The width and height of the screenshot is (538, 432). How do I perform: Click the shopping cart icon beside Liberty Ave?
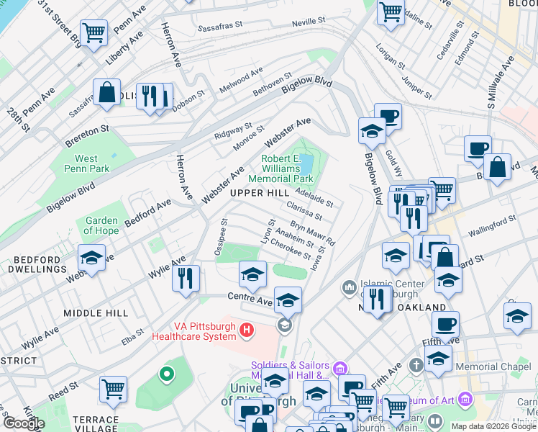[x=94, y=33]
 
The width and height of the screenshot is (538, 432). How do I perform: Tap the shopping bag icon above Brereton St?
[x=107, y=93]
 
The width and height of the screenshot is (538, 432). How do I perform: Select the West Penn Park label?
[x=86, y=163]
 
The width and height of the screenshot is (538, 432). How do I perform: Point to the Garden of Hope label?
[x=101, y=225]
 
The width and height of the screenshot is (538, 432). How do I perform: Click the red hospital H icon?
[x=247, y=330]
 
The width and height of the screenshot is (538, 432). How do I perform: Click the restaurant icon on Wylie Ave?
[x=186, y=277]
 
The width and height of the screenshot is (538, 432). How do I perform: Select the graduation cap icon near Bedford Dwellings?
[x=91, y=258]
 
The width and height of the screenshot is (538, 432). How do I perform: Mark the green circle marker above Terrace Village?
[x=167, y=374]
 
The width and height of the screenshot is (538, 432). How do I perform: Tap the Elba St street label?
[x=133, y=336]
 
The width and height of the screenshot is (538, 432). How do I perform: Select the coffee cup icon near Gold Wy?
[x=388, y=115]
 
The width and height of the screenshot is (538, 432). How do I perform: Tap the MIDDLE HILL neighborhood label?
[x=96, y=313]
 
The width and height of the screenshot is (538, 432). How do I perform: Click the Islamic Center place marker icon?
[x=350, y=287]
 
